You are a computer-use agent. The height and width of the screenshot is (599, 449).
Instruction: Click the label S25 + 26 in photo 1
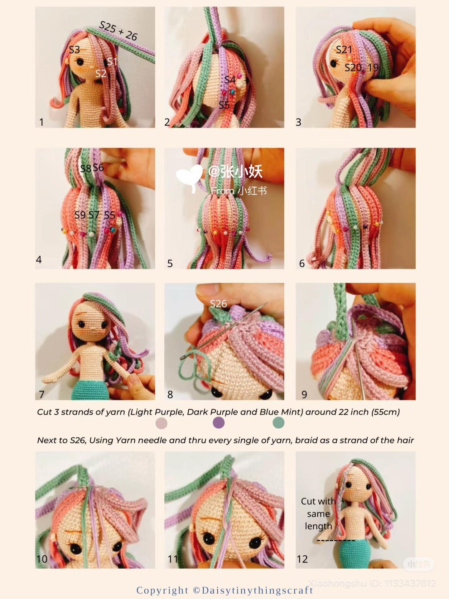click(118, 31)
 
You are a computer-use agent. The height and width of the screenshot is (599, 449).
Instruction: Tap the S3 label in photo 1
click(74, 50)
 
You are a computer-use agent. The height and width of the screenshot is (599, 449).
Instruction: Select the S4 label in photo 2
click(230, 80)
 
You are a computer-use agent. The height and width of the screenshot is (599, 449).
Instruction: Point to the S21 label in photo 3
click(344, 50)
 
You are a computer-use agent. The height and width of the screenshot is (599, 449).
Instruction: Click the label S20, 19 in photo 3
click(361, 67)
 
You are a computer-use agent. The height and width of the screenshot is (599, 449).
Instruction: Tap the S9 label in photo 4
click(80, 215)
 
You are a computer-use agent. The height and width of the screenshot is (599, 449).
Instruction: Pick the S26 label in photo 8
click(218, 304)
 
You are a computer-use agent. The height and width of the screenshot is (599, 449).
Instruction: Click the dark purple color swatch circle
click(219, 423)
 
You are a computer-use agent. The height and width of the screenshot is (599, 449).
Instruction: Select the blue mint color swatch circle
click(278, 423)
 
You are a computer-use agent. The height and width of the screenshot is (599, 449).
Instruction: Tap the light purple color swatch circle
click(162, 423)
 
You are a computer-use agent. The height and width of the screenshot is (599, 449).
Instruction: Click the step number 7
click(41, 394)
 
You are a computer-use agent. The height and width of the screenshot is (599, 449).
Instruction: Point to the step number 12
click(302, 559)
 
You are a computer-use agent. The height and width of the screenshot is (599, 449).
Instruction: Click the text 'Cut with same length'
click(318, 514)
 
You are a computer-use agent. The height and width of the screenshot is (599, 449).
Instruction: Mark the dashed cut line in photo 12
click(336, 540)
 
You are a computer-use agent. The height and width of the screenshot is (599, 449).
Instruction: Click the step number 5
click(170, 263)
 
